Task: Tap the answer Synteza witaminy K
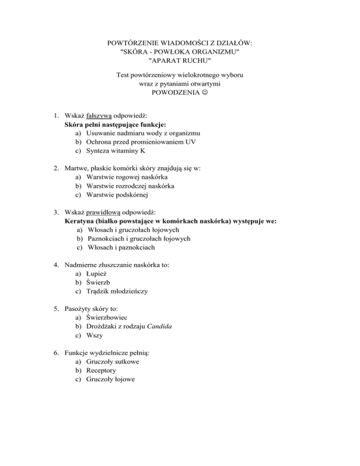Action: pyautogui.click(x=116, y=151)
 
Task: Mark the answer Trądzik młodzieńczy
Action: pyautogui.click(x=117, y=291)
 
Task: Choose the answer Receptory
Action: pyautogui.click(x=102, y=370)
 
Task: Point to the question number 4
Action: pyautogui.click(x=55, y=265)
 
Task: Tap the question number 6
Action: pyautogui.click(x=55, y=353)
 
